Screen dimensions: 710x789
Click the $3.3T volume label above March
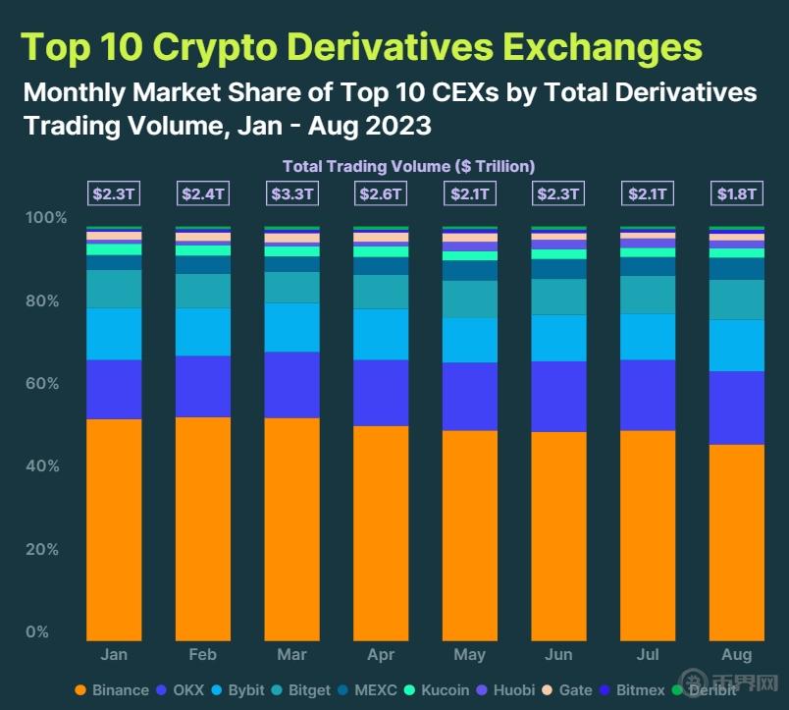[291, 193]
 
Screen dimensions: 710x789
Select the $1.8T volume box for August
[737, 193]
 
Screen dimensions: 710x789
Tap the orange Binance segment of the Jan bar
[114, 529]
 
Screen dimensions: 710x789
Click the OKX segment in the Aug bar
[737, 408]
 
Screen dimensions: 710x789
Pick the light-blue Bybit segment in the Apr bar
[381, 334]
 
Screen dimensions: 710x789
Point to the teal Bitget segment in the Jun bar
[558, 297]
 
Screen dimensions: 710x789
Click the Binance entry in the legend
[112, 690]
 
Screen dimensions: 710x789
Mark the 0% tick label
[37, 631]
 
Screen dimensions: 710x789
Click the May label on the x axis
[470, 655]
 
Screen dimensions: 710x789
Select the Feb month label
[203, 655]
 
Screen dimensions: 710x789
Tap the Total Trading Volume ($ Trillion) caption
[408, 166]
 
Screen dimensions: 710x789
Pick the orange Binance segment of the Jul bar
[648, 535]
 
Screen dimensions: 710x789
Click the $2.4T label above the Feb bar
[203, 193]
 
